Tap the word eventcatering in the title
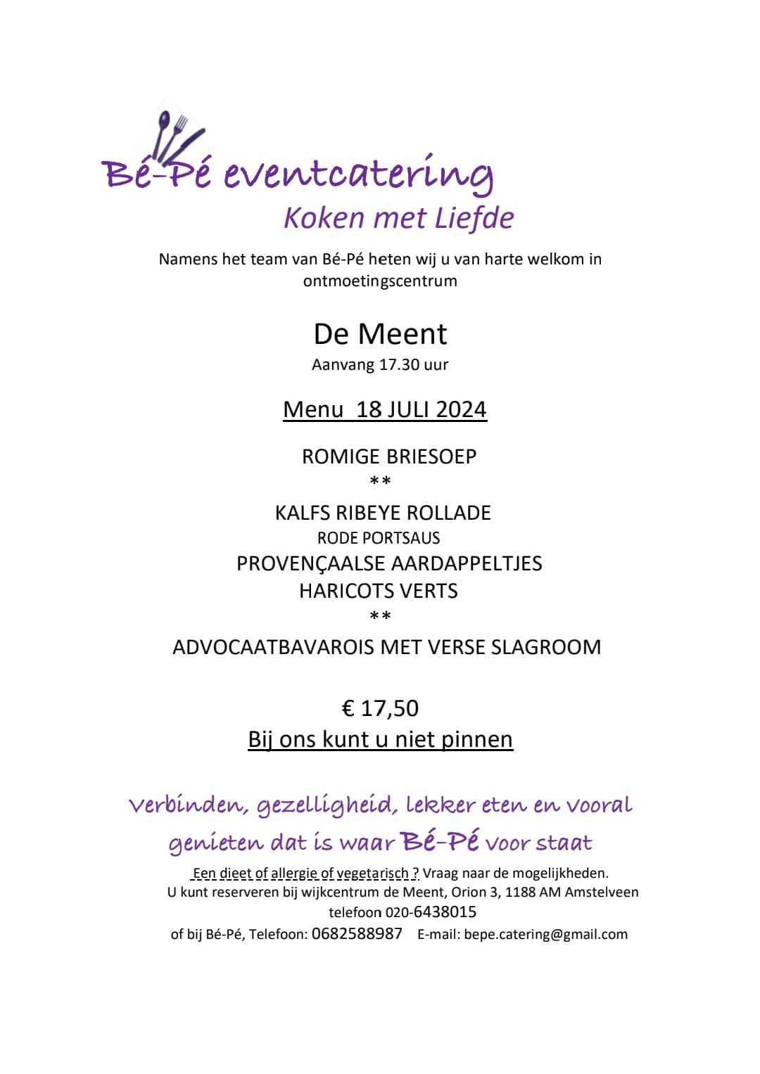tap(358, 174)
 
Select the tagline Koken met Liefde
tap(398, 218)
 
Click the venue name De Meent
tap(380, 333)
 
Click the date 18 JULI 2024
tap(422, 409)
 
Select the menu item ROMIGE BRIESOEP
tap(389, 456)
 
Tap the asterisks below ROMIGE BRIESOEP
tap(380, 482)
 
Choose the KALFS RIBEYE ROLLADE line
tap(383, 513)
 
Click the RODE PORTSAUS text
tap(379, 538)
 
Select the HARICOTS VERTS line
tap(379, 591)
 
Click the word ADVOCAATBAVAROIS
tap(274, 647)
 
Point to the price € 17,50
tap(380, 708)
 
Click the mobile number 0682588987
tap(357, 934)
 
